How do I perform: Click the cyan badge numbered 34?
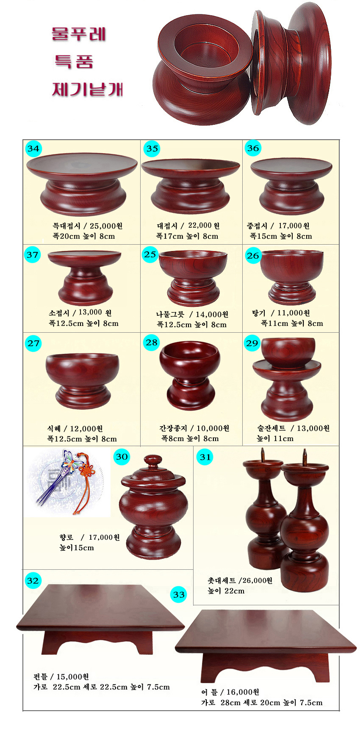pyautogui.click(x=33, y=149)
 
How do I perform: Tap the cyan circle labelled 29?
pyautogui.click(x=252, y=343)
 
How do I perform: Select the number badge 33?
pyautogui.click(x=179, y=595)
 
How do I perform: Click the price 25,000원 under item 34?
pyautogui.click(x=106, y=226)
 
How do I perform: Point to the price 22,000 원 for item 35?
pyautogui.click(x=204, y=226)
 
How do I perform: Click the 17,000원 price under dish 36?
pyautogui.click(x=294, y=226)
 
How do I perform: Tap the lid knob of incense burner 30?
pyautogui.click(x=153, y=460)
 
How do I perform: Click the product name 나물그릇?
pyautogui.click(x=170, y=314)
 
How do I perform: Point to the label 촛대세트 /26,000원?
pyautogui.click(x=240, y=581)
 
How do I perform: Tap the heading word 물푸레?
pyautogui.click(x=79, y=34)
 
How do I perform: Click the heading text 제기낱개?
pyautogui.click(x=87, y=89)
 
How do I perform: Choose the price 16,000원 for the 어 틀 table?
pyautogui.click(x=243, y=692)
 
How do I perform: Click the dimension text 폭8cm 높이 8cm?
pyautogui.click(x=190, y=439)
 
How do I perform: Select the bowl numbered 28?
pyautogui.click(x=190, y=375)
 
